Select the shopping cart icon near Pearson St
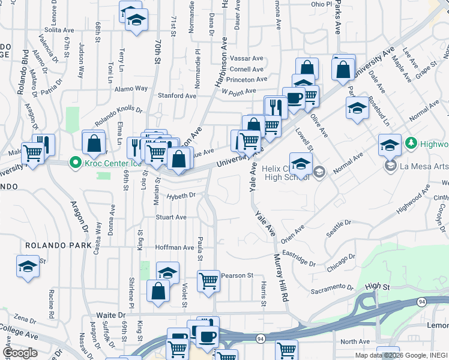(208, 280)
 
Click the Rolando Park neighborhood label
(58, 245)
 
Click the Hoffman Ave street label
(174, 247)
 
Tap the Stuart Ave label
(171, 217)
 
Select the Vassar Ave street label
(247, 59)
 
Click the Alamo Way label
(133, 88)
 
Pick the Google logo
(20, 353)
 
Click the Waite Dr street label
(111, 315)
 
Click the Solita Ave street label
(59, 29)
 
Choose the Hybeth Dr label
(181, 196)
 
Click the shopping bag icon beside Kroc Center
(94, 144)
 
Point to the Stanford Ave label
(176, 95)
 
